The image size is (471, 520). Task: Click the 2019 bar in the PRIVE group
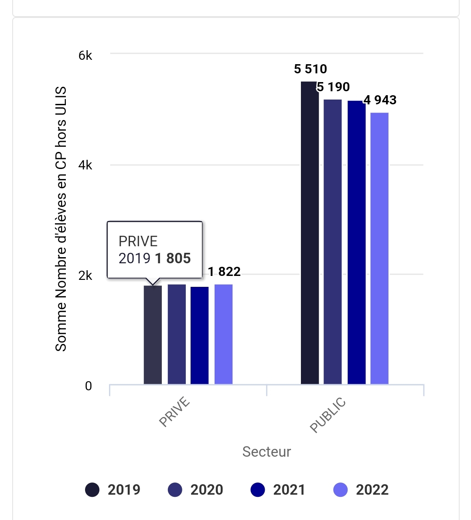tap(153, 334)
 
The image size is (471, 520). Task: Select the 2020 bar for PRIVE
tap(177, 334)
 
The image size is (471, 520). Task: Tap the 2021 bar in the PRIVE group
tap(199, 335)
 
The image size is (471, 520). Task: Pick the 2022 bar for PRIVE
tap(223, 334)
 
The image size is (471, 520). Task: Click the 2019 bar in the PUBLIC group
tap(310, 233)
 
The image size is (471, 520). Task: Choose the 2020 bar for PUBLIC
tap(333, 242)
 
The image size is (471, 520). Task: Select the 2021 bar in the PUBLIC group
tap(356, 242)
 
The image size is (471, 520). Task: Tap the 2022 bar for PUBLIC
tap(379, 248)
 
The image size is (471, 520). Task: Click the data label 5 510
tap(311, 69)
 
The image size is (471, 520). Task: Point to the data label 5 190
tap(333, 87)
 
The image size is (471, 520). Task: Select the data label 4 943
tap(380, 100)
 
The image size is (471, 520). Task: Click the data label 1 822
tap(224, 272)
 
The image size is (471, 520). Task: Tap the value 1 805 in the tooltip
tap(173, 258)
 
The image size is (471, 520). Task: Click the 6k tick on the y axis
tap(85, 55)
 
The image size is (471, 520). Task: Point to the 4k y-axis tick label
tap(85, 165)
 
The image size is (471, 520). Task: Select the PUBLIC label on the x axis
tap(328, 415)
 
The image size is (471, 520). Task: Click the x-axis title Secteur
tap(266, 452)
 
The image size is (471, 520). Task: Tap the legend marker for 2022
tap(341, 490)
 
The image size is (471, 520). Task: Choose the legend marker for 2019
tap(92, 490)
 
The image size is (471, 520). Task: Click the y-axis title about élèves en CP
tap(61, 219)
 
